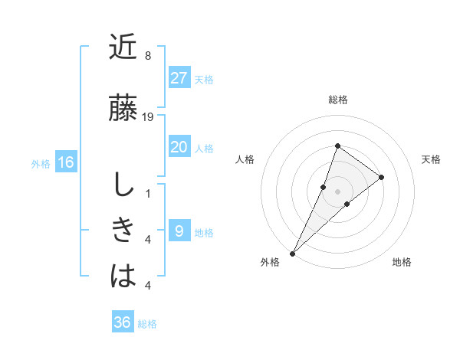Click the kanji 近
coord(123,48)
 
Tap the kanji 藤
coord(123,108)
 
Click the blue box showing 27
coord(179,78)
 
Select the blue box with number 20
coord(179,147)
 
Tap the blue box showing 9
coord(179,231)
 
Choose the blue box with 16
coord(66,162)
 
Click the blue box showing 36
coord(123,322)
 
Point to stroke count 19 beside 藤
coord(148,117)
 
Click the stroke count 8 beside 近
coord(148,56)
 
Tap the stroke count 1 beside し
coord(148,194)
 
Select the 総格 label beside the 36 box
coord(147,324)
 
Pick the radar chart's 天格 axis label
coord(432,159)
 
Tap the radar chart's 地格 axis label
coord(402,262)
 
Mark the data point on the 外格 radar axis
coord(292,253)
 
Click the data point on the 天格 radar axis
coord(381,177)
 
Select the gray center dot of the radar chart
coord(337,191)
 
